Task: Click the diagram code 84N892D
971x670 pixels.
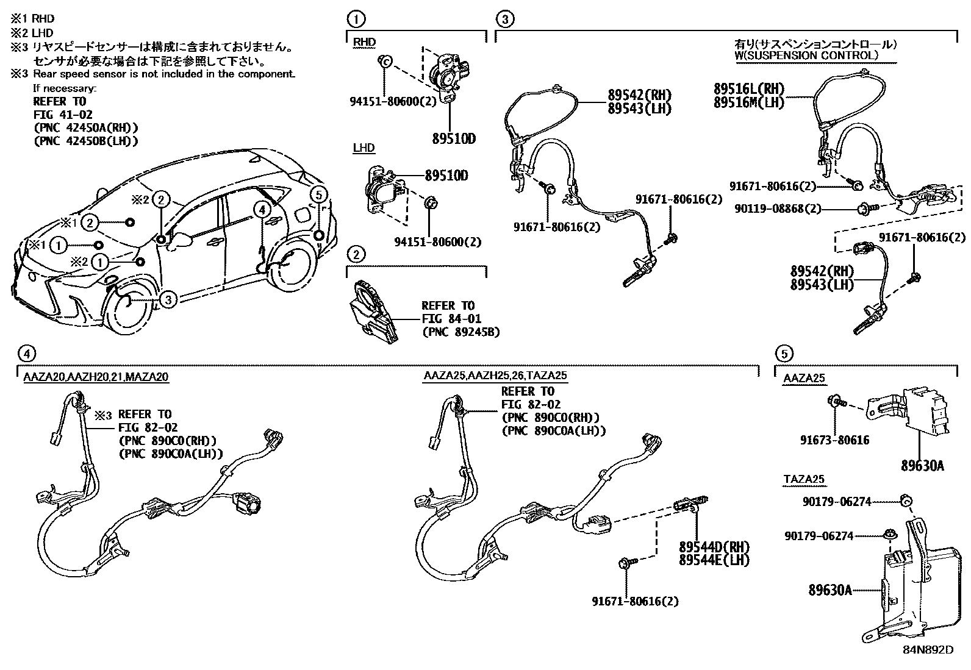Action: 928,649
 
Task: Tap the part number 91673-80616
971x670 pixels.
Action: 834,440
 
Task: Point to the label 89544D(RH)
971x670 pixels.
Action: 714,546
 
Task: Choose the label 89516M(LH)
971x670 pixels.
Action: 748,102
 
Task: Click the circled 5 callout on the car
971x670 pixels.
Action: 318,194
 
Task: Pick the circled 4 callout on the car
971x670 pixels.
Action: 262,210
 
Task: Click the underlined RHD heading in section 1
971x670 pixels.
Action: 364,42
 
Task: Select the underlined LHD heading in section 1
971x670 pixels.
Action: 364,148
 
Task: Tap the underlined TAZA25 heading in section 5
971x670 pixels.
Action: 804,479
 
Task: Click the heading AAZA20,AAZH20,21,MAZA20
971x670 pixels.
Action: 96,377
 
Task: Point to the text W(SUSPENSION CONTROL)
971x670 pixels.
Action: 806,55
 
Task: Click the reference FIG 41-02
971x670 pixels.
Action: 63,115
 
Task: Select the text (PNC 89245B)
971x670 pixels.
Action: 460,332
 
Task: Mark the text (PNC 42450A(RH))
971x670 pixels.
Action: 85,127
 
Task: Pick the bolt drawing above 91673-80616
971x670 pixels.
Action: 835,402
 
